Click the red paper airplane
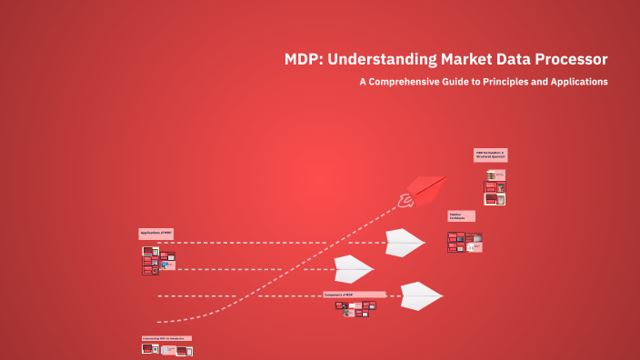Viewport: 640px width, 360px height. click(426, 189)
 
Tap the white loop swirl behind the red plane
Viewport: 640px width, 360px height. click(405, 201)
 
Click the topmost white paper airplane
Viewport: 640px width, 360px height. click(405, 242)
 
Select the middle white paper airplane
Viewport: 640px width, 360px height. click(353, 268)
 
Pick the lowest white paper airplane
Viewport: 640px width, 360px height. click(420, 295)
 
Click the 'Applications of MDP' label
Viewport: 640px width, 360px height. click(155, 234)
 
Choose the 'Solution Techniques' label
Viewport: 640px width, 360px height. click(460, 216)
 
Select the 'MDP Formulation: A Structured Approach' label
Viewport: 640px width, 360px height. click(491, 155)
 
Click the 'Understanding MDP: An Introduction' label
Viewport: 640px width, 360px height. click(166, 338)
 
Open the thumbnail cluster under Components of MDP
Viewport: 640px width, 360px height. click(355, 308)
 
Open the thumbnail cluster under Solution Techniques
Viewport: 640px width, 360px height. click(464, 242)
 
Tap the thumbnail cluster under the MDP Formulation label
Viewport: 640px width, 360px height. click(495, 186)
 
